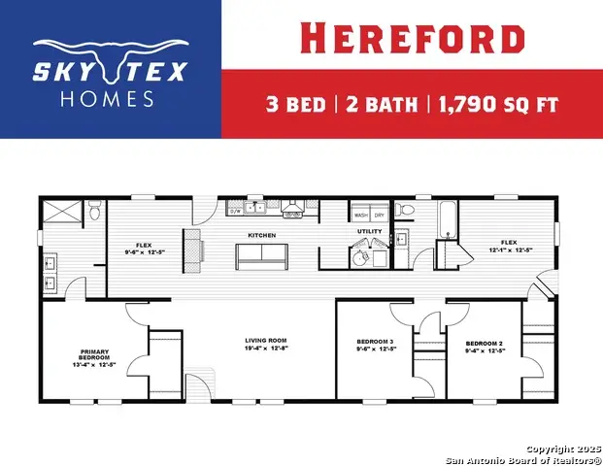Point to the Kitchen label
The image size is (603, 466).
261,235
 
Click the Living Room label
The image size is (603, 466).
265,340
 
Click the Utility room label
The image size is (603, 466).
370,232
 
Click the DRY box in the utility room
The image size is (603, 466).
379,216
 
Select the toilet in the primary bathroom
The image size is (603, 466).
93,211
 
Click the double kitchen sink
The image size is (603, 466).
254,207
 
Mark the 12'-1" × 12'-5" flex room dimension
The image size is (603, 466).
509,250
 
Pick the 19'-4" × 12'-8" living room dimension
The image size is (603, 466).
265,348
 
